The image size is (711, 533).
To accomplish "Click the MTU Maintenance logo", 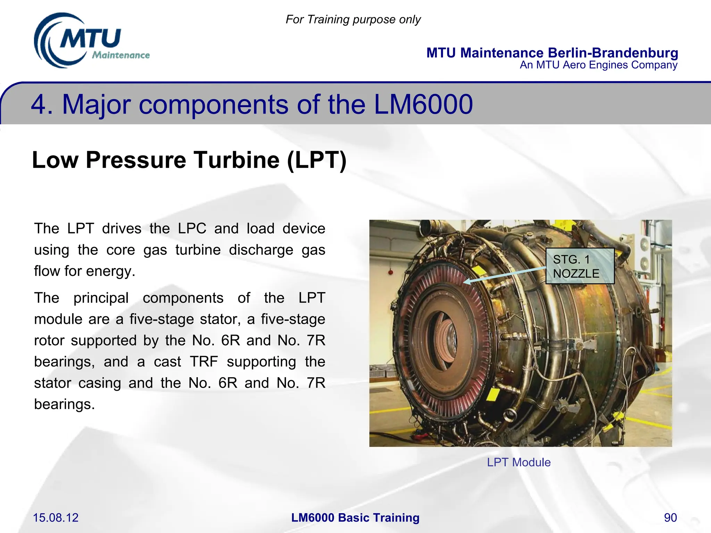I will click(x=91, y=41).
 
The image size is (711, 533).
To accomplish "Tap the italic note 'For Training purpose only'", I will click(x=353, y=19).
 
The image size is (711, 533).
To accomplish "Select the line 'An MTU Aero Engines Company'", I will click(x=598, y=65).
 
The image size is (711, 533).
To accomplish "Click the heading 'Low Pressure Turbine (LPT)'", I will click(x=189, y=160).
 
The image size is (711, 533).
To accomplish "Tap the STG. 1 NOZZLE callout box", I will click(x=579, y=266).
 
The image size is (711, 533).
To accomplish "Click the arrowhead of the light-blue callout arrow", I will click(x=466, y=282).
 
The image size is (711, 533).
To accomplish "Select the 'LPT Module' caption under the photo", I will click(x=519, y=462).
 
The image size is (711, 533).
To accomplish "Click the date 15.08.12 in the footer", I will click(x=56, y=518).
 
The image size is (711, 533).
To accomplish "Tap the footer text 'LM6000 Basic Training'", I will click(x=355, y=518).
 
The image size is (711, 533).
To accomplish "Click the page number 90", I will click(x=670, y=518).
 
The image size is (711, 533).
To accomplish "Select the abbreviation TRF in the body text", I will click(x=204, y=362).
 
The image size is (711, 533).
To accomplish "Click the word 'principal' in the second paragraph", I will click(x=101, y=298).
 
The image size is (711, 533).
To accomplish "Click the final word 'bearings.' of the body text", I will click(x=64, y=404).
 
